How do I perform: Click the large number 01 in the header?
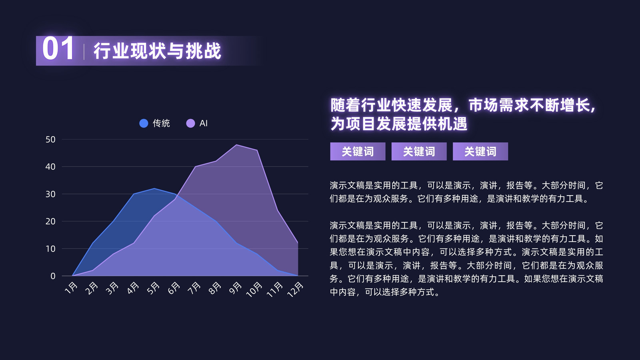click(x=58, y=48)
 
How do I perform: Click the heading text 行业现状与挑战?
click(x=158, y=51)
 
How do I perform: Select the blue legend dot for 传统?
click(x=144, y=124)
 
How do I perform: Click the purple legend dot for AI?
click(x=190, y=124)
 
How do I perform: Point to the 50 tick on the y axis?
click(x=50, y=140)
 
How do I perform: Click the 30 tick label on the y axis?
click(x=50, y=194)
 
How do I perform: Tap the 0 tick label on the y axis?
click(x=53, y=276)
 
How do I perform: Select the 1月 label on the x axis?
click(x=71, y=288)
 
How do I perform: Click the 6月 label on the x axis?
click(x=174, y=288)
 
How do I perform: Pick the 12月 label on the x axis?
click(x=295, y=290)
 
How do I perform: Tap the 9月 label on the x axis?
click(x=236, y=288)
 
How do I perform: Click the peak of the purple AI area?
click(x=236, y=145)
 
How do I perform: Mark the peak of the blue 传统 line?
click(x=154, y=188)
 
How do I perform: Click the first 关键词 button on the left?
click(x=358, y=152)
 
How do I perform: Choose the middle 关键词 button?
click(x=419, y=152)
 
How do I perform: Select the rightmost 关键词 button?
click(x=480, y=152)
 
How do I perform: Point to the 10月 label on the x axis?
click(x=254, y=290)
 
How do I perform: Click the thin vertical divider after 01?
click(x=84, y=52)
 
